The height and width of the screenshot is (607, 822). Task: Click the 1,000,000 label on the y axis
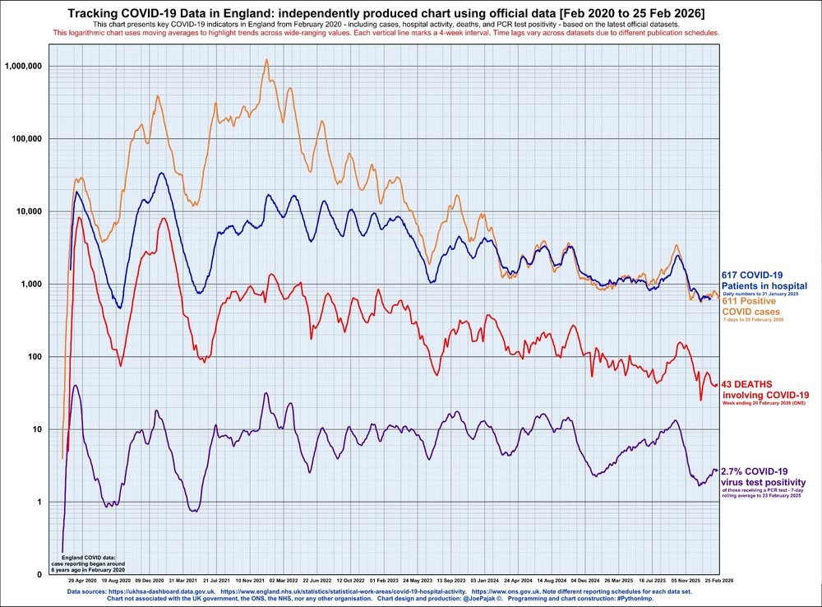pyautogui.click(x=25, y=66)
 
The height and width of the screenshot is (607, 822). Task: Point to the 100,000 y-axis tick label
pyautogui.click(x=27, y=138)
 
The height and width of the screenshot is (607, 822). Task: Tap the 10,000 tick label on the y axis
pyautogui.click(x=30, y=211)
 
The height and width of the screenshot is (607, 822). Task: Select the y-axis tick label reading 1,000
pyautogui.click(x=32, y=284)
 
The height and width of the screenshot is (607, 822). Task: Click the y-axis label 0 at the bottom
pyautogui.click(x=39, y=574)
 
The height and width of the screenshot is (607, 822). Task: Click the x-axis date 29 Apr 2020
pyautogui.click(x=82, y=580)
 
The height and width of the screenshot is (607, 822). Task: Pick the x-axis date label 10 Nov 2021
pyautogui.click(x=251, y=580)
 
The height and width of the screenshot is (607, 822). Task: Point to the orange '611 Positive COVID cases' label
pyautogui.click(x=752, y=306)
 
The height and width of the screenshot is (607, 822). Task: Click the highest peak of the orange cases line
pyautogui.click(x=266, y=59)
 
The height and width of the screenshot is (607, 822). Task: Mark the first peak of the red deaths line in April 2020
pyautogui.click(x=79, y=217)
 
